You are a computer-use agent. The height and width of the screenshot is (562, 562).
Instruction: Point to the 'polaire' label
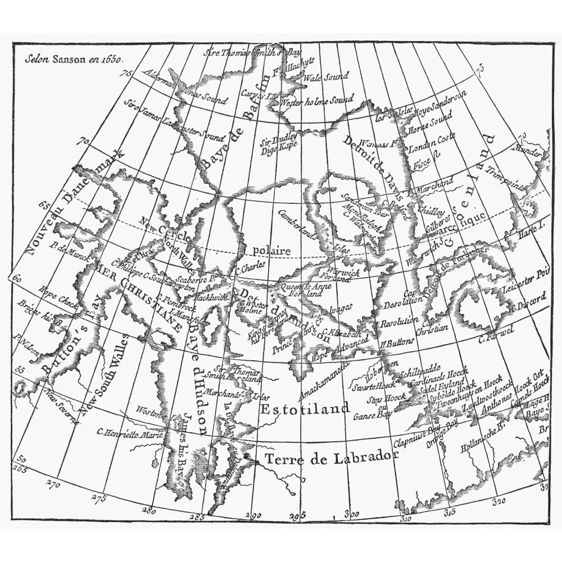click(272, 251)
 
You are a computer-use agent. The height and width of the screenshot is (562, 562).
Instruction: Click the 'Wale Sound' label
click(325, 77)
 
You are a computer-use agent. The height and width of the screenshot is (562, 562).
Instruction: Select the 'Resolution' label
click(399, 324)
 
